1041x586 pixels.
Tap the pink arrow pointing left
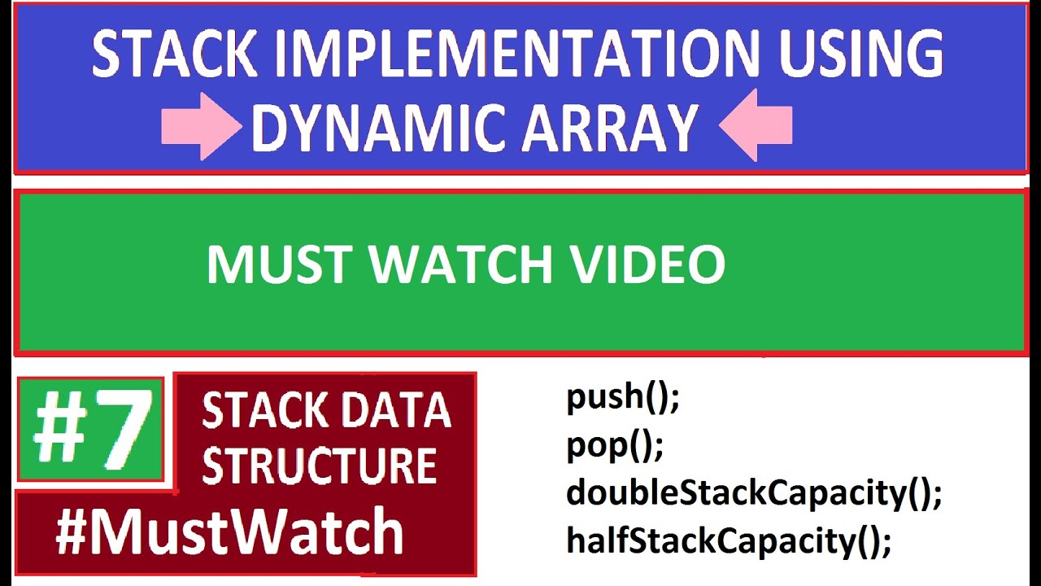coord(756,125)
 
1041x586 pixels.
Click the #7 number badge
coord(91,429)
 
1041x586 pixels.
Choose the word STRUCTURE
coord(319,466)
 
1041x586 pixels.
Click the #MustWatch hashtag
coord(229,533)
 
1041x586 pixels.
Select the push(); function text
coord(622,398)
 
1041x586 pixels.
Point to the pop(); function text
coord(615,445)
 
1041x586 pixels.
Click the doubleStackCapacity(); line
coord(754,493)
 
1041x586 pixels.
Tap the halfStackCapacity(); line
coord(729,540)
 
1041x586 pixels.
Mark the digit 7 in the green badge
coord(122,429)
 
